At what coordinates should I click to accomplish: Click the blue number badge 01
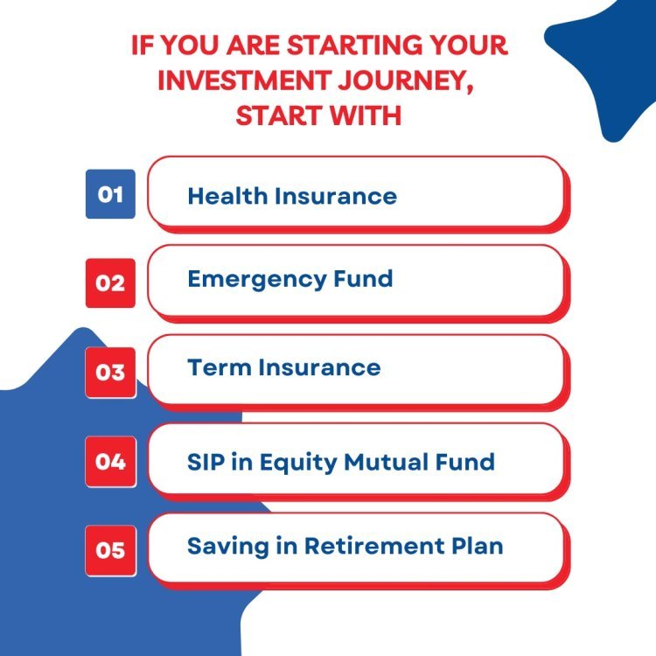point(110,194)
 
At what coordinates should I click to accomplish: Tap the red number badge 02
point(110,283)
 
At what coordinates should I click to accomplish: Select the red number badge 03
point(110,373)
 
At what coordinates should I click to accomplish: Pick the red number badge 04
point(110,462)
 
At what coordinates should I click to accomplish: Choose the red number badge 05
point(110,550)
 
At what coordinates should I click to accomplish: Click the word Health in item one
point(227,196)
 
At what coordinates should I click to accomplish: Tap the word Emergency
point(256,280)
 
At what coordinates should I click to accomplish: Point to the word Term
point(219,367)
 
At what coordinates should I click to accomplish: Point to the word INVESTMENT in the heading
point(245,80)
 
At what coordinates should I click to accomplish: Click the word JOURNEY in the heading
point(406,81)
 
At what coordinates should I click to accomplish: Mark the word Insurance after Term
point(319,367)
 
